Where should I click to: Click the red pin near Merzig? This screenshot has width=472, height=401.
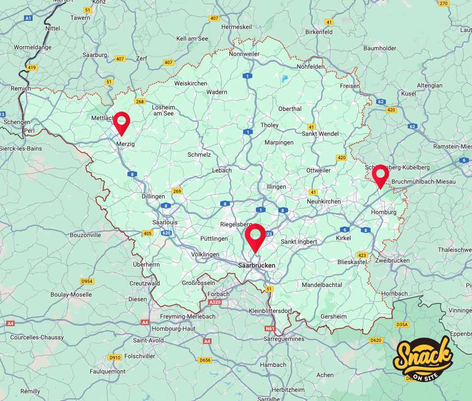[x=121, y=123]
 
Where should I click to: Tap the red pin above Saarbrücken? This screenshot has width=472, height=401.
[x=254, y=236]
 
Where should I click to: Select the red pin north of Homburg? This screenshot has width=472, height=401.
[x=380, y=176]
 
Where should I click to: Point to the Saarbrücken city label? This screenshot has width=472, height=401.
[x=257, y=265]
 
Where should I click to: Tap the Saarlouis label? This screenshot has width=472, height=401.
[x=165, y=222]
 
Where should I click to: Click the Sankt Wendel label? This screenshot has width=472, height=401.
[x=320, y=134]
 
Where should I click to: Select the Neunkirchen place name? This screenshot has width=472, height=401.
[x=324, y=202]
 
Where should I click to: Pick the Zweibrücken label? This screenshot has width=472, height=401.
[x=392, y=260]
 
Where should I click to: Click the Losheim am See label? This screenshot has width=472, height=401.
[x=163, y=110]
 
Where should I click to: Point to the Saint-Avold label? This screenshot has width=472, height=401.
[x=148, y=340]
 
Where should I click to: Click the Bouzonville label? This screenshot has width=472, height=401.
[x=85, y=235]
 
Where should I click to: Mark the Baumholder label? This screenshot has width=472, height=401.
[x=380, y=48]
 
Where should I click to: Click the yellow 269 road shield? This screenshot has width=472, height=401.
[x=176, y=191]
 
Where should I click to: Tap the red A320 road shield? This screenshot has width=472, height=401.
[x=215, y=302]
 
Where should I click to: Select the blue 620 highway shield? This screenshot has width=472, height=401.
[x=166, y=234]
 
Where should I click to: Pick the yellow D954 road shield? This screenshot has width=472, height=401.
[x=87, y=281]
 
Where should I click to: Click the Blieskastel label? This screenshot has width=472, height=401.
[x=352, y=262]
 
